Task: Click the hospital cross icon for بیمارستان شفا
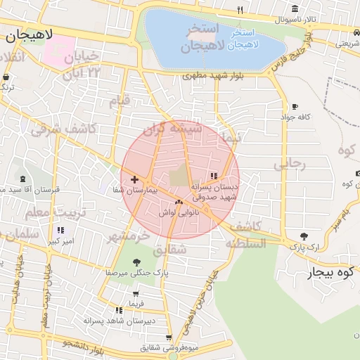pos(134,180)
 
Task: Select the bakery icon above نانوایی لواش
pos(179,202)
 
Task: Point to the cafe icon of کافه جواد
pos(294,107)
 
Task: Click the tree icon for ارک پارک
pos(304,237)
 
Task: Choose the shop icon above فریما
pos(136,293)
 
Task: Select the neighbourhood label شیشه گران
pos(172,129)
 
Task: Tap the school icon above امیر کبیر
pos(60,230)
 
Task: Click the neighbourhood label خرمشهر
pos(129,237)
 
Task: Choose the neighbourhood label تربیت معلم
pos(56,212)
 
